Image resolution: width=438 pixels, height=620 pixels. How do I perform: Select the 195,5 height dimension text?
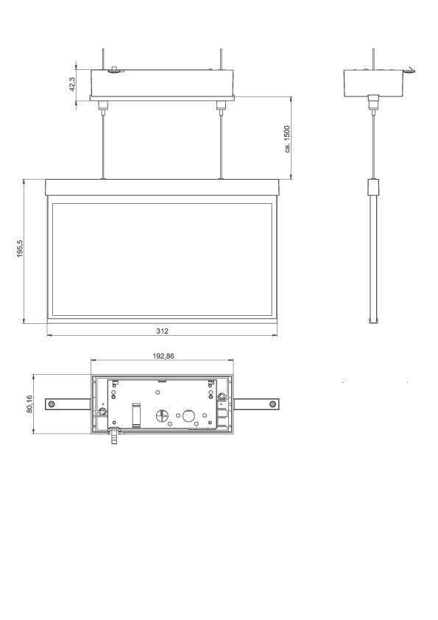click(21, 250)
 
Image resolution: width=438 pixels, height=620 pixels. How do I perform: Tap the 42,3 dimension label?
click(72, 83)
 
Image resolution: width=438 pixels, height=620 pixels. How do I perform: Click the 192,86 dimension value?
click(163, 356)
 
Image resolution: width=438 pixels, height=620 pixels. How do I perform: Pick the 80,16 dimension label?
click(30, 404)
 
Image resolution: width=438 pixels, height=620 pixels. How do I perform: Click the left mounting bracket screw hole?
click(51, 404)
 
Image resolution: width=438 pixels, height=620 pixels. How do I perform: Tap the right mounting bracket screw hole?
click(273, 404)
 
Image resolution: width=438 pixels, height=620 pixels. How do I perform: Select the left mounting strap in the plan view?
click(68, 404)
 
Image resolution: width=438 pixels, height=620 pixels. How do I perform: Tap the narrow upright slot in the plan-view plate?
click(135, 415)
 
